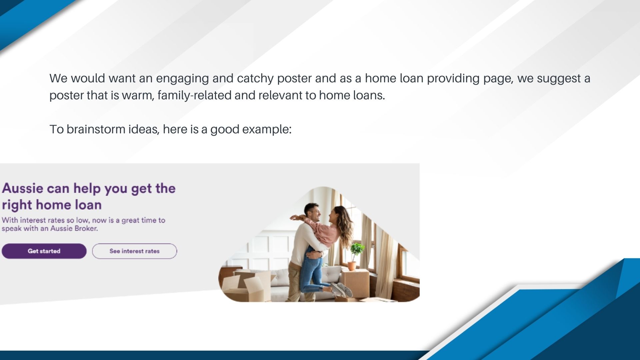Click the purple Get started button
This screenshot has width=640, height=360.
[x=44, y=251]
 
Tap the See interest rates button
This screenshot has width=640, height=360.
[x=134, y=251]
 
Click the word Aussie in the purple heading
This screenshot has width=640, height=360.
[x=23, y=188]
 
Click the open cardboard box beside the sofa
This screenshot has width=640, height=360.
[x=245, y=285]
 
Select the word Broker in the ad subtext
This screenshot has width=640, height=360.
[x=85, y=229]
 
